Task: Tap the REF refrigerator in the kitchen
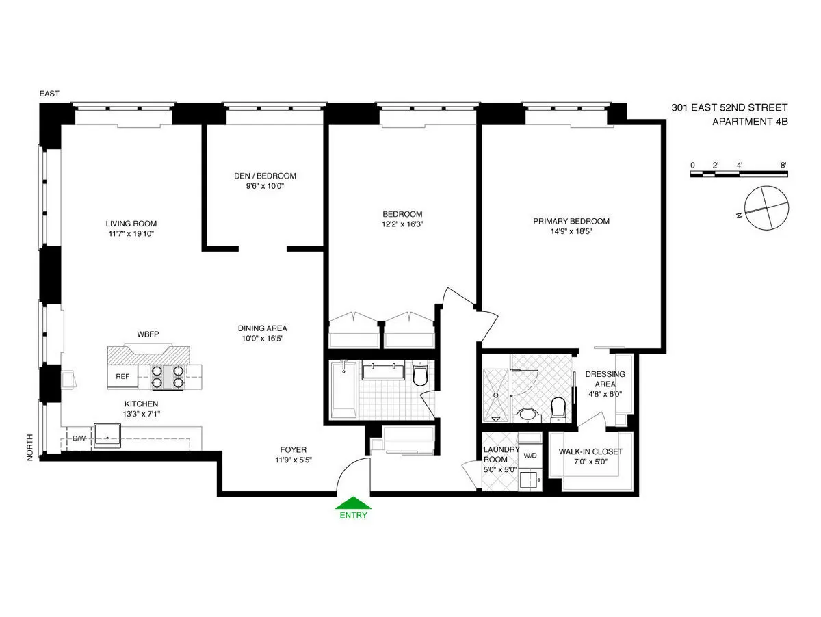click(x=122, y=376)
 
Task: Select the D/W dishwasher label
click(x=80, y=438)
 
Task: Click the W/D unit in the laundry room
click(x=531, y=455)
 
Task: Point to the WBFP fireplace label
click(x=148, y=335)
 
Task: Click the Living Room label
click(x=131, y=224)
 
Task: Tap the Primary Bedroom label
click(x=571, y=221)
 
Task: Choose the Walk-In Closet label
click(x=590, y=451)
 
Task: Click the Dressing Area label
click(x=605, y=379)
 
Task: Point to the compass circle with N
click(x=765, y=208)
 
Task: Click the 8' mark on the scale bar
click(x=783, y=165)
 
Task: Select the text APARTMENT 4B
click(x=750, y=122)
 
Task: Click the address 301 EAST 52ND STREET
click(x=729, y=108)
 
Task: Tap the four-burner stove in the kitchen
click(x=168, y=377)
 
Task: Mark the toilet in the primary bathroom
click(x=558, y=408)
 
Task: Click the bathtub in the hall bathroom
click(x=342, y=390)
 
